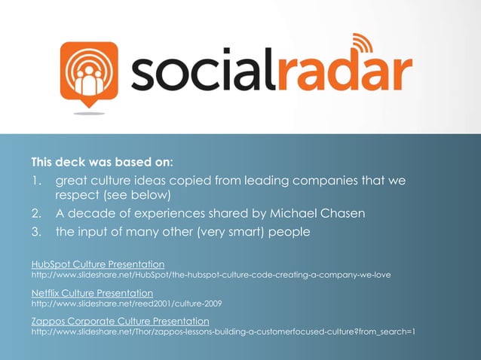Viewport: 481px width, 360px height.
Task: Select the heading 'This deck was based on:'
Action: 102,162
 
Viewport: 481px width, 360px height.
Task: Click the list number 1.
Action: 35,182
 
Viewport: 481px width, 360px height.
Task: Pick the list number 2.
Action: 35,214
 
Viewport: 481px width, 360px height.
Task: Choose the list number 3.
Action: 35,232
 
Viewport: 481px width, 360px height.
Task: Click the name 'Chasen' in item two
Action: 339,214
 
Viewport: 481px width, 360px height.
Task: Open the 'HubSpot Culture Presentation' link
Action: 97,264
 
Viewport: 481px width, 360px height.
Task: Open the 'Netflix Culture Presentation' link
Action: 91,293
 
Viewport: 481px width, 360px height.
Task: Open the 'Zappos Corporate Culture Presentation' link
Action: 120,322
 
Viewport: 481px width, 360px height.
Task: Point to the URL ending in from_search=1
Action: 223,333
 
